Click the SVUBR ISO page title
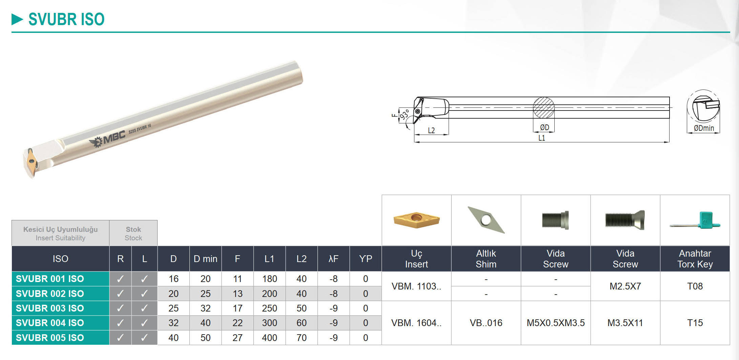[66, 19]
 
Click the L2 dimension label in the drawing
[431, 131]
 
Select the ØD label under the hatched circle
[545, 127]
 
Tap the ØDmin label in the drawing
[704, 128]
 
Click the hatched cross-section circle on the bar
[544, 108]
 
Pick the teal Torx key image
[695, 221]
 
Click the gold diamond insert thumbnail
[416, 220]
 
